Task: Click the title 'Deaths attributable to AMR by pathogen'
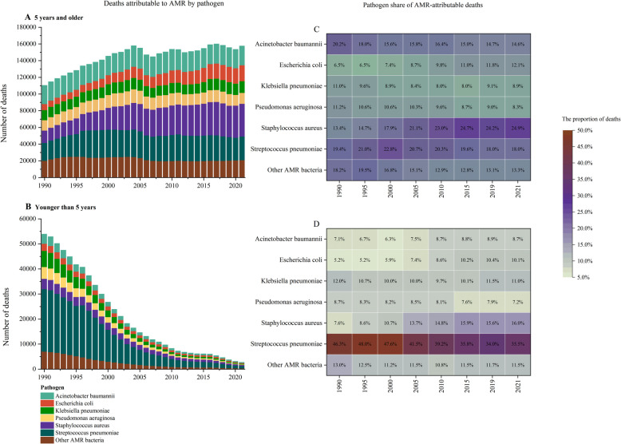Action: [120, 5]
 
